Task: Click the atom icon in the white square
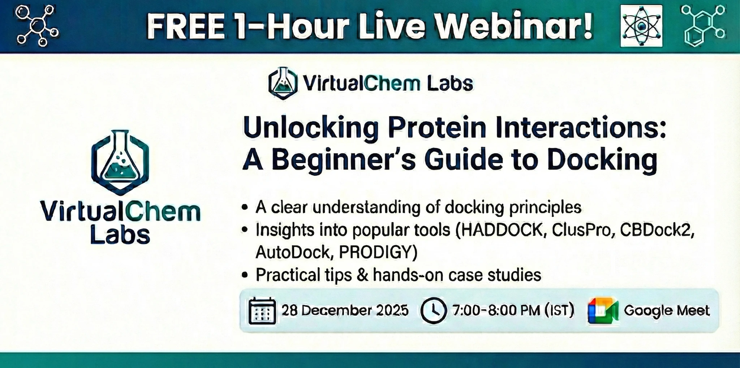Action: [x=641, y=26]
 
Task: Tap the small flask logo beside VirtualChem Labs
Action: [x=283, y=83]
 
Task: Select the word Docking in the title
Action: [x=602, y=161]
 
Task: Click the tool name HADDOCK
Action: [x=501, y=230]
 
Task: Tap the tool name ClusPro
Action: [x=584, y=230]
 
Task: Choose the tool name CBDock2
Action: [x=657, y=230]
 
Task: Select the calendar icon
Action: [x=262, y=311]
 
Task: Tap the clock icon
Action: [x=434, y=311]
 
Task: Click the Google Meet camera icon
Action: [x=603, y=311]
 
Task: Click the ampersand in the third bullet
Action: [x=362, y=275]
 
